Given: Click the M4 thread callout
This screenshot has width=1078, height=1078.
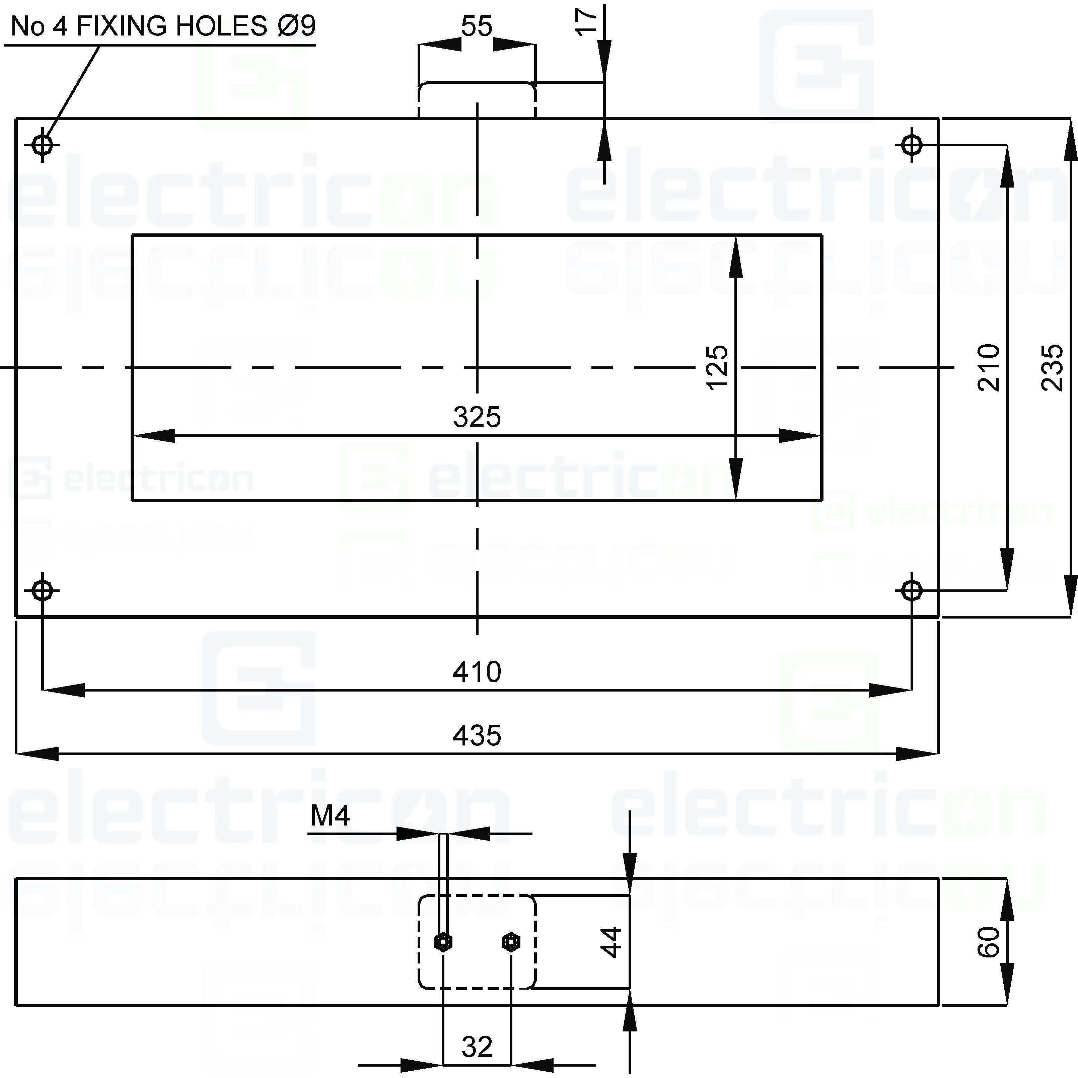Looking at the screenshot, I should click(x=330, y=816).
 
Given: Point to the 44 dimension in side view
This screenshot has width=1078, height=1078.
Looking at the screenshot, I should click(x=612, y=942).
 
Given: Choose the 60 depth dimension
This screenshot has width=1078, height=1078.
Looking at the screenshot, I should click(x=989, y=942).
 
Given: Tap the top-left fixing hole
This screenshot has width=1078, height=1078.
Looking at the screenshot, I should click(x=43, y=145).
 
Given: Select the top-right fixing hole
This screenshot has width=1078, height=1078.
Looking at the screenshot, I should click(x=912, y=145).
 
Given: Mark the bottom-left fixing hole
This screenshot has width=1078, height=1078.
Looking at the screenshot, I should click(x=43, y=590).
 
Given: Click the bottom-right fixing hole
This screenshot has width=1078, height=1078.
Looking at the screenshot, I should click(x=912, y=590).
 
